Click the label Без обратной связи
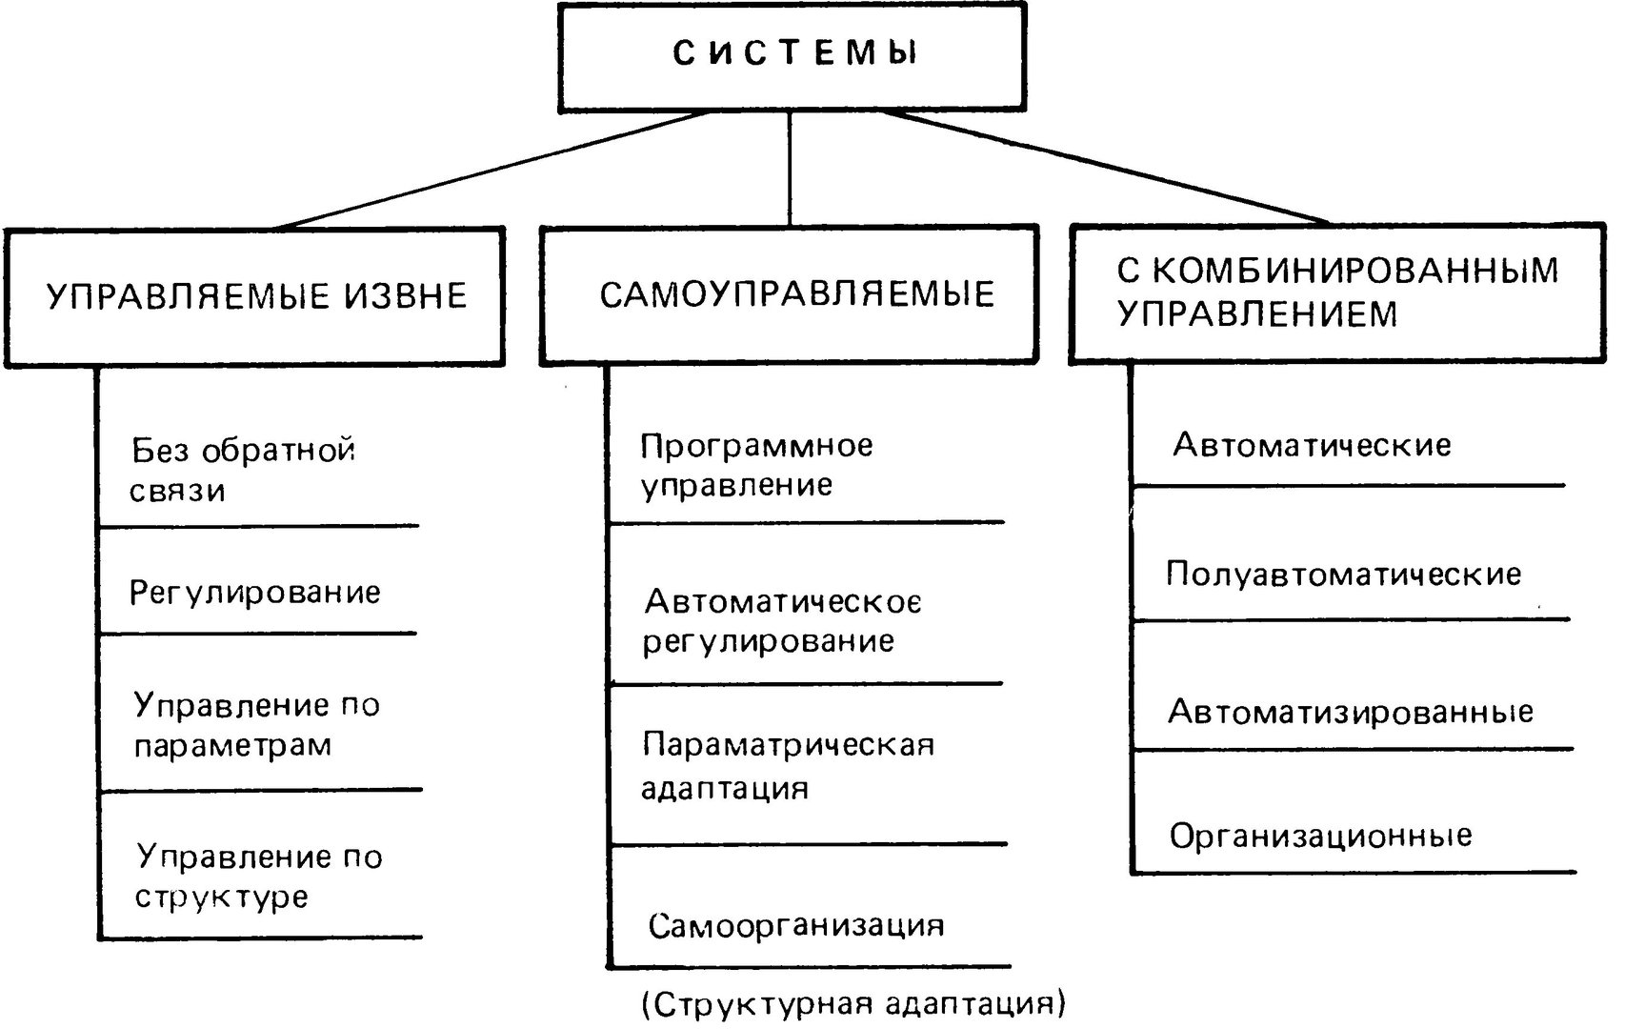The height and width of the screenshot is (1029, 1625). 242,471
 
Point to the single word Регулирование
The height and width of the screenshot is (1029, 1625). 254,593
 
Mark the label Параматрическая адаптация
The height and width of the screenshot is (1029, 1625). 788,766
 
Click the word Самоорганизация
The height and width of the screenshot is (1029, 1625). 796,926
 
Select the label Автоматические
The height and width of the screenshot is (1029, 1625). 1312,445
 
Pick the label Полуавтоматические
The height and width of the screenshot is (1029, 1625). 1343,575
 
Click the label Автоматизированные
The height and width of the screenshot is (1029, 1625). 1351,712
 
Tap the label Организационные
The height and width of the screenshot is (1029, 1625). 1321,837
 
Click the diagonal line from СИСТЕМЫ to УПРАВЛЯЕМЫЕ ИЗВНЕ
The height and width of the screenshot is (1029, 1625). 493,171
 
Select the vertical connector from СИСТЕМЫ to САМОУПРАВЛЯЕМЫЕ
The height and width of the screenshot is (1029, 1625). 790,169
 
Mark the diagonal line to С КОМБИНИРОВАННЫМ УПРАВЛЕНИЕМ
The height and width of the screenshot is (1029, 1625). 1106,168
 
